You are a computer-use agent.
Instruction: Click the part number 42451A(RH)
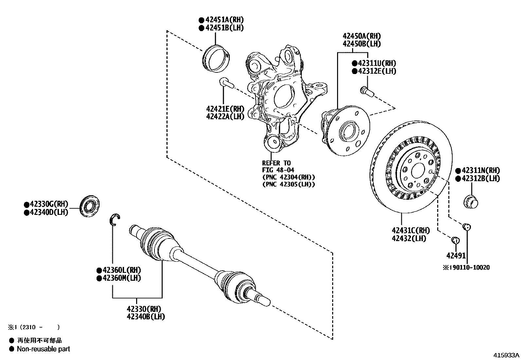[x=224, y=20]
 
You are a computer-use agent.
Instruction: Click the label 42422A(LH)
[x=225, y=117]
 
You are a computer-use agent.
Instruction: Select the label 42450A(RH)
[x=362, y=36]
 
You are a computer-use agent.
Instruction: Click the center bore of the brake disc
[x=417, y=171]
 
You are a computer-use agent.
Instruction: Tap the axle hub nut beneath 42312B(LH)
[x=471, y=201]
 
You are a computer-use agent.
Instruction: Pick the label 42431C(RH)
[x=410, y=231]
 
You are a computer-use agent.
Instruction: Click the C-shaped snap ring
[x=115, y=219]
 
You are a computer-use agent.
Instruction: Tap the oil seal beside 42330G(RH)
[x=90, y=206]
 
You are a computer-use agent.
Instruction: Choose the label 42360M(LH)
[x=121, y=278]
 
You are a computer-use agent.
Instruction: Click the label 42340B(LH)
[x=146, y=317]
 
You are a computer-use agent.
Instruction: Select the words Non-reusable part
[x=43, y=349]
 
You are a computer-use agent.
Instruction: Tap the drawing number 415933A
[x=507, y=355]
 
